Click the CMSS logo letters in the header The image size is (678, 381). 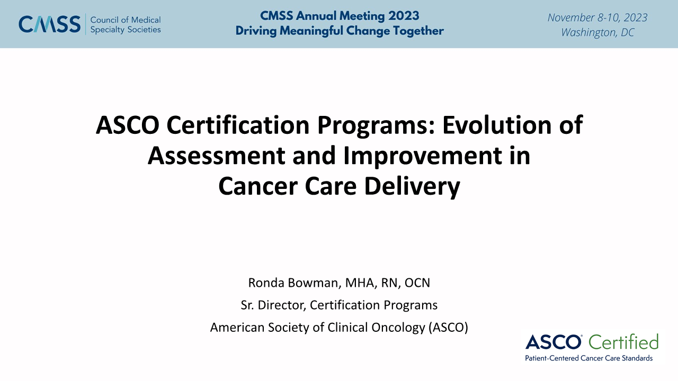pyautogui.click(x=50, y=24)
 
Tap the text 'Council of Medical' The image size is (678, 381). pyautogui.click(x=126, y=20)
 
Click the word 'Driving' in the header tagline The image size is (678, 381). pyautogui.click(x=256, y=31)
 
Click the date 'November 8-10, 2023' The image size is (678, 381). pyautogui.click(x=597, y=17)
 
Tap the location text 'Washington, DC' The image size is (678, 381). pyautogui.click(x=597, y=32)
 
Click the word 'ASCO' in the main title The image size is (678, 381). pyautogui.click(x=128, y=125)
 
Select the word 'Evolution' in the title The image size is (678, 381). pyautogui.click(x=497, y=125)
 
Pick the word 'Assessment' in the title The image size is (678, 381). pyautogui.click(x=216, y=156)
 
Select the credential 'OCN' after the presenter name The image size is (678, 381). pyautogui.click(x=417, y=283)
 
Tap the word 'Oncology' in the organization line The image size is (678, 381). pyautogui.click(x=398, y=328)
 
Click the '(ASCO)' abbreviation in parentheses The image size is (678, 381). pyautogui.click(x=448, y=328)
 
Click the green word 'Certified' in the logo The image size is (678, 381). pyautogui.click(x=623, y=342)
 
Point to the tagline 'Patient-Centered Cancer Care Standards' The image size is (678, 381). pyautogui.click(x=588, y=358)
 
